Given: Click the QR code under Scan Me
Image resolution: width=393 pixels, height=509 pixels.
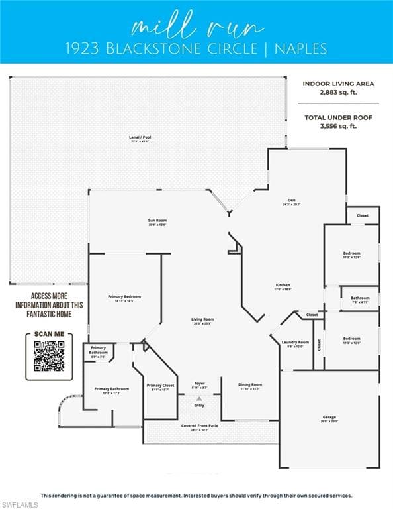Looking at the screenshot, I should pos(49,356).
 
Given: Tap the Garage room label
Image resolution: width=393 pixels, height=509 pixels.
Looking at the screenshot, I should pos(329,418).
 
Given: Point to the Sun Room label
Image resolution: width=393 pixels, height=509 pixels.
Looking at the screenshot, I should pos(157,221).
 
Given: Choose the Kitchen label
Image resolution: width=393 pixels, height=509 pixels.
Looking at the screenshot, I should pos(283,286).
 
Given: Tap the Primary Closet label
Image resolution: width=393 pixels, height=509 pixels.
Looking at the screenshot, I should pos(160,386).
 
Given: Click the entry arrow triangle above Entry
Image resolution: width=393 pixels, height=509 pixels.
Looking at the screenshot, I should pos(199,398).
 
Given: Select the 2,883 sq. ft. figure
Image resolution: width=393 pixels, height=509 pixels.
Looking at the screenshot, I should pos(338,93).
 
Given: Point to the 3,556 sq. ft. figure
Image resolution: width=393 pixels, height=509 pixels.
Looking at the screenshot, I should pos(338,126).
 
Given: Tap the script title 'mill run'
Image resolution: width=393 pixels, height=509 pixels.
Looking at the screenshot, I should pos(196,27).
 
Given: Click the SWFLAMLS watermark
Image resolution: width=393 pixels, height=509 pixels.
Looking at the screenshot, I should pos(20,504).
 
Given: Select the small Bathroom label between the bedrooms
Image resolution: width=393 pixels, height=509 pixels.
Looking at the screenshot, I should pos(360,299).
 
